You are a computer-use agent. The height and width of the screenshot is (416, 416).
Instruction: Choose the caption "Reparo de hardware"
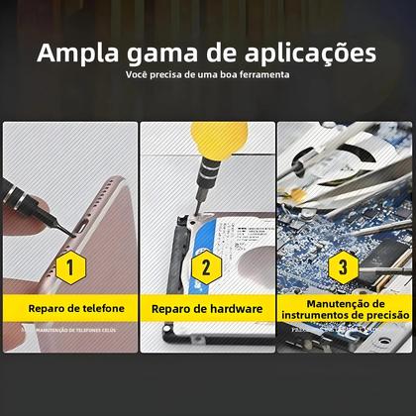pyautogui.click(x=206, y=309)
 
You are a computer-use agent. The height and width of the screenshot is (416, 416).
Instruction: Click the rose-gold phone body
pyautogui.click(x=89, y=198)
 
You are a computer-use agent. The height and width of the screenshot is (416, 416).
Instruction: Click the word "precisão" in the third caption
pyautogui.click(x=382, y=316)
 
